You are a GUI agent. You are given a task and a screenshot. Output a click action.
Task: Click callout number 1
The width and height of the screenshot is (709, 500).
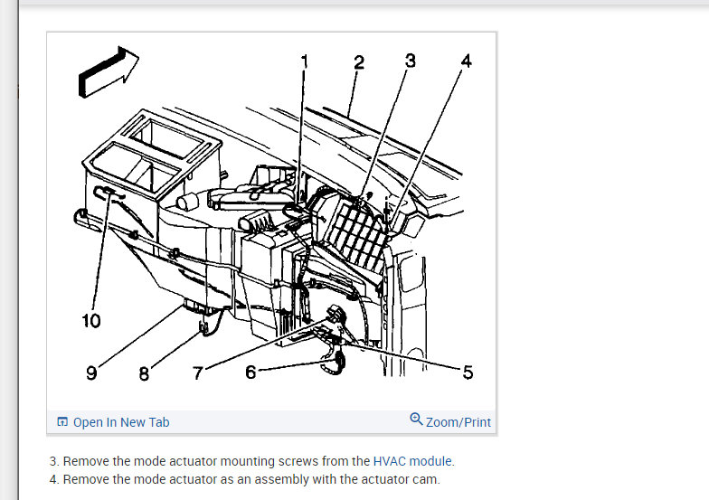(305, 61)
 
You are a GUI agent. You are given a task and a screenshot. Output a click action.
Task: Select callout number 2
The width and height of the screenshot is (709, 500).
(359, 62)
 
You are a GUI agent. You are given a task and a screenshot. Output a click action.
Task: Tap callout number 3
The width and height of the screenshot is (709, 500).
(411, 61)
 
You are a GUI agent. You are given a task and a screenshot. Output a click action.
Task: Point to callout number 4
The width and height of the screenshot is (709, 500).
(466, 61)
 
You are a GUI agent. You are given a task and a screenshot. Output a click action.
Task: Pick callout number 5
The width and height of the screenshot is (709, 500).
(468, 373)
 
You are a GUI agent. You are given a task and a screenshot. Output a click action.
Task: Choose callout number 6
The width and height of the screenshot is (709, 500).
(251, 372)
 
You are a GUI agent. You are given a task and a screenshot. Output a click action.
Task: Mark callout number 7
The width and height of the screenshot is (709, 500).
(198, 373)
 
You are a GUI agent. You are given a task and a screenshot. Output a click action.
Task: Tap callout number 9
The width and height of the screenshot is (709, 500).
(91, 373)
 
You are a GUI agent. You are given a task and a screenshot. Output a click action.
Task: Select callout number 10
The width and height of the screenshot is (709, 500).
(91, 321)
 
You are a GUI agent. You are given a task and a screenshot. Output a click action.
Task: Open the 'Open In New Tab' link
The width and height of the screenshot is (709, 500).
(120, 422)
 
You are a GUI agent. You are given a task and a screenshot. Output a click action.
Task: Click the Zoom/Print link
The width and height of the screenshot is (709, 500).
(458, 422)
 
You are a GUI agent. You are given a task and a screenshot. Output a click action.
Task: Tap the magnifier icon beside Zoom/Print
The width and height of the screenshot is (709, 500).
(416, 420)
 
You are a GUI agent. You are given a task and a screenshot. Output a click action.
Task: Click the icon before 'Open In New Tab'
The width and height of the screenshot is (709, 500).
(62, 422)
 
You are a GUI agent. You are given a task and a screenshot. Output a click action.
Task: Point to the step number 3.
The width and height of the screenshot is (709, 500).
(53, 461)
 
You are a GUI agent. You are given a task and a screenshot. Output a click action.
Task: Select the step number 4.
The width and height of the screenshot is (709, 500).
(53, 479)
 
